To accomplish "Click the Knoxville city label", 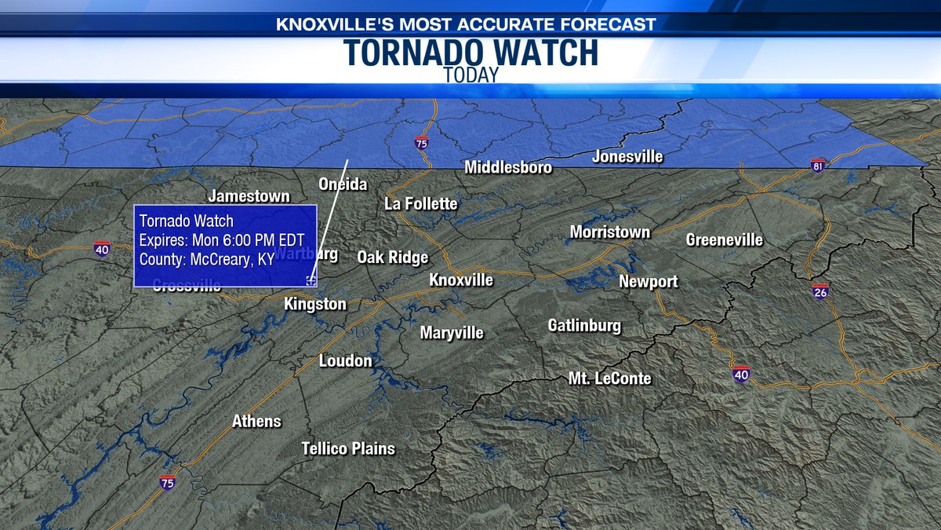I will point(461,280).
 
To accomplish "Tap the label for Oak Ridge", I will point(393,258).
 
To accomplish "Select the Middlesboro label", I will point(508,167).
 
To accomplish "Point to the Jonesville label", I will point(627,157).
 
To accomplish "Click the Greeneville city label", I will point(725,239).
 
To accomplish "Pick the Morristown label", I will point(610,232).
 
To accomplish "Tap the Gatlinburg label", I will point(584,325).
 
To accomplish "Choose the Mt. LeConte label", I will point(610,378).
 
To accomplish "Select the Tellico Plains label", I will point(348,449).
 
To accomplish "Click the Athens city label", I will point(256,422).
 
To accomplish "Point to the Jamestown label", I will point(249,196).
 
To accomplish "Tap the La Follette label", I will point(420,204).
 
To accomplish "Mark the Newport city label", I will point(649,282).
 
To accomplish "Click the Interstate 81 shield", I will point(819,166).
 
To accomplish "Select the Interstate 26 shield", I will point(820,291).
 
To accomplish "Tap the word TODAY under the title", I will point(470,76).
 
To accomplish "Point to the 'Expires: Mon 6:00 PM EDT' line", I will point(222,240).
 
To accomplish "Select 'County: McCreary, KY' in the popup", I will point(206,260).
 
